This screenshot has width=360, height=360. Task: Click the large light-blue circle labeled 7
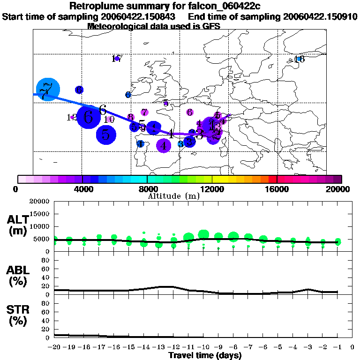coord(48,89)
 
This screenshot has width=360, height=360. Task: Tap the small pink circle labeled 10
coord(109,120)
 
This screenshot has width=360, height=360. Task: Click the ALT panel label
coord(17,220)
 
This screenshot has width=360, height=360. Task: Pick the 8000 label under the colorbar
coord(147,189)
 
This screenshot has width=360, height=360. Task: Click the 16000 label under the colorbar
coord(277,189)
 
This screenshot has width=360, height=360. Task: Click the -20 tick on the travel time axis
coord(54,347)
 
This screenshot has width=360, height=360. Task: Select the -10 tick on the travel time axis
coord(203,347)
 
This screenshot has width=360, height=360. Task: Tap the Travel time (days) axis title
coord(205,355)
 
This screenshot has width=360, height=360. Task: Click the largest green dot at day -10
coord(203,234)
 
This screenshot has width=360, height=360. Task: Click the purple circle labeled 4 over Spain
coord(163,146)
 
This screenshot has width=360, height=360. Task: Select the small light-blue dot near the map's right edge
coord(297,59)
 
